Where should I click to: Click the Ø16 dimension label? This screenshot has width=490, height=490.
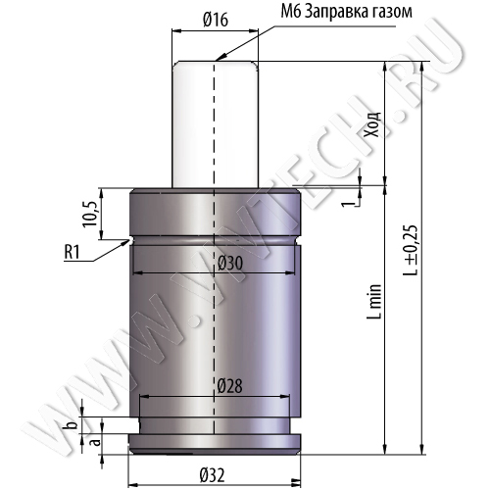tap(216, 20)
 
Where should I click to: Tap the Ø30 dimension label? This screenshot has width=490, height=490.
tap(230, 264)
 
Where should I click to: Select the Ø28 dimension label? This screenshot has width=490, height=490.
tap(229, 386)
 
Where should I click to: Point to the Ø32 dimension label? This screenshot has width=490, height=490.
tap(212, 475)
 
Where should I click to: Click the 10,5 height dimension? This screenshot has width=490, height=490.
tap(90, 214)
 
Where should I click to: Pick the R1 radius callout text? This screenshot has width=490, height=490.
tap(72, 252)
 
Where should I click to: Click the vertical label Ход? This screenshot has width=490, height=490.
tap(373, 124)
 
